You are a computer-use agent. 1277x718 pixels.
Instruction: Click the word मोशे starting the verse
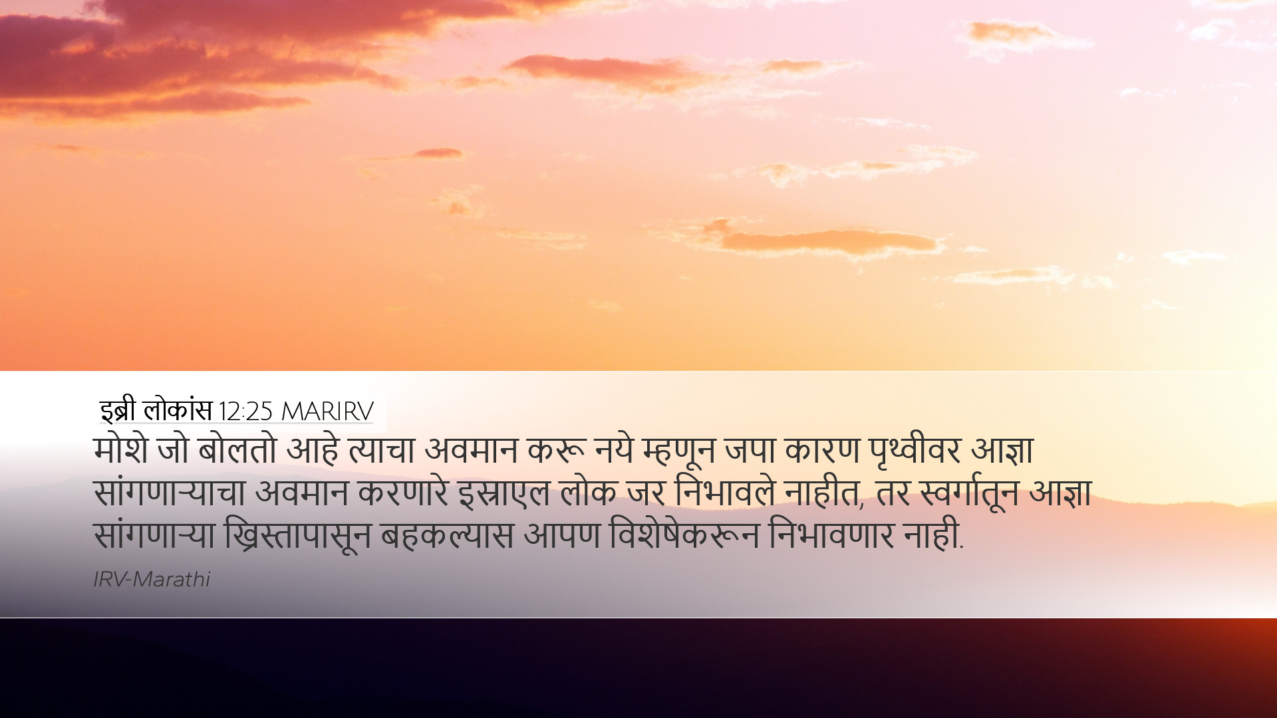[121, 450]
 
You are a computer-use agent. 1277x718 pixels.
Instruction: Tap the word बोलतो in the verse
[237, 450]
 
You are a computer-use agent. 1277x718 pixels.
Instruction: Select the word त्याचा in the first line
[382, 450]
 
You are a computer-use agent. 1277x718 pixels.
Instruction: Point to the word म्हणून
[678, 451]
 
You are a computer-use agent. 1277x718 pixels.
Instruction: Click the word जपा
[750, 450]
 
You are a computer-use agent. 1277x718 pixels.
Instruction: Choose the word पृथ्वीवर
[915, 451]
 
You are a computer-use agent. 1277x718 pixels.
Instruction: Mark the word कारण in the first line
[822, 450]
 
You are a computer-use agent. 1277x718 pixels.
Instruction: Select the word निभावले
[725, 493]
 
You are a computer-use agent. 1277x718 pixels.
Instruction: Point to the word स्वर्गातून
[969, 493]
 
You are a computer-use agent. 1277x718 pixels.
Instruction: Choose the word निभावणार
[831, 535]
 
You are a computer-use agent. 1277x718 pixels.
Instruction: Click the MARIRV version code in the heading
[327, 412]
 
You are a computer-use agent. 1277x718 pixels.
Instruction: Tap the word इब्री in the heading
[118, 411]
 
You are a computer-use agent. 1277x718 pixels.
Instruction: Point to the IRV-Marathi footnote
[152, 580]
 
